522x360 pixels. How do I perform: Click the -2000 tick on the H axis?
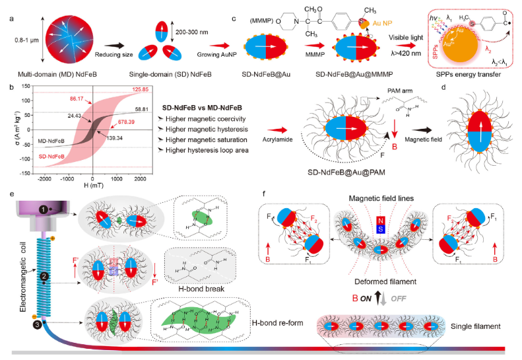(46, 179)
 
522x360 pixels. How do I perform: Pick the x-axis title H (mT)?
(93, 186)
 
